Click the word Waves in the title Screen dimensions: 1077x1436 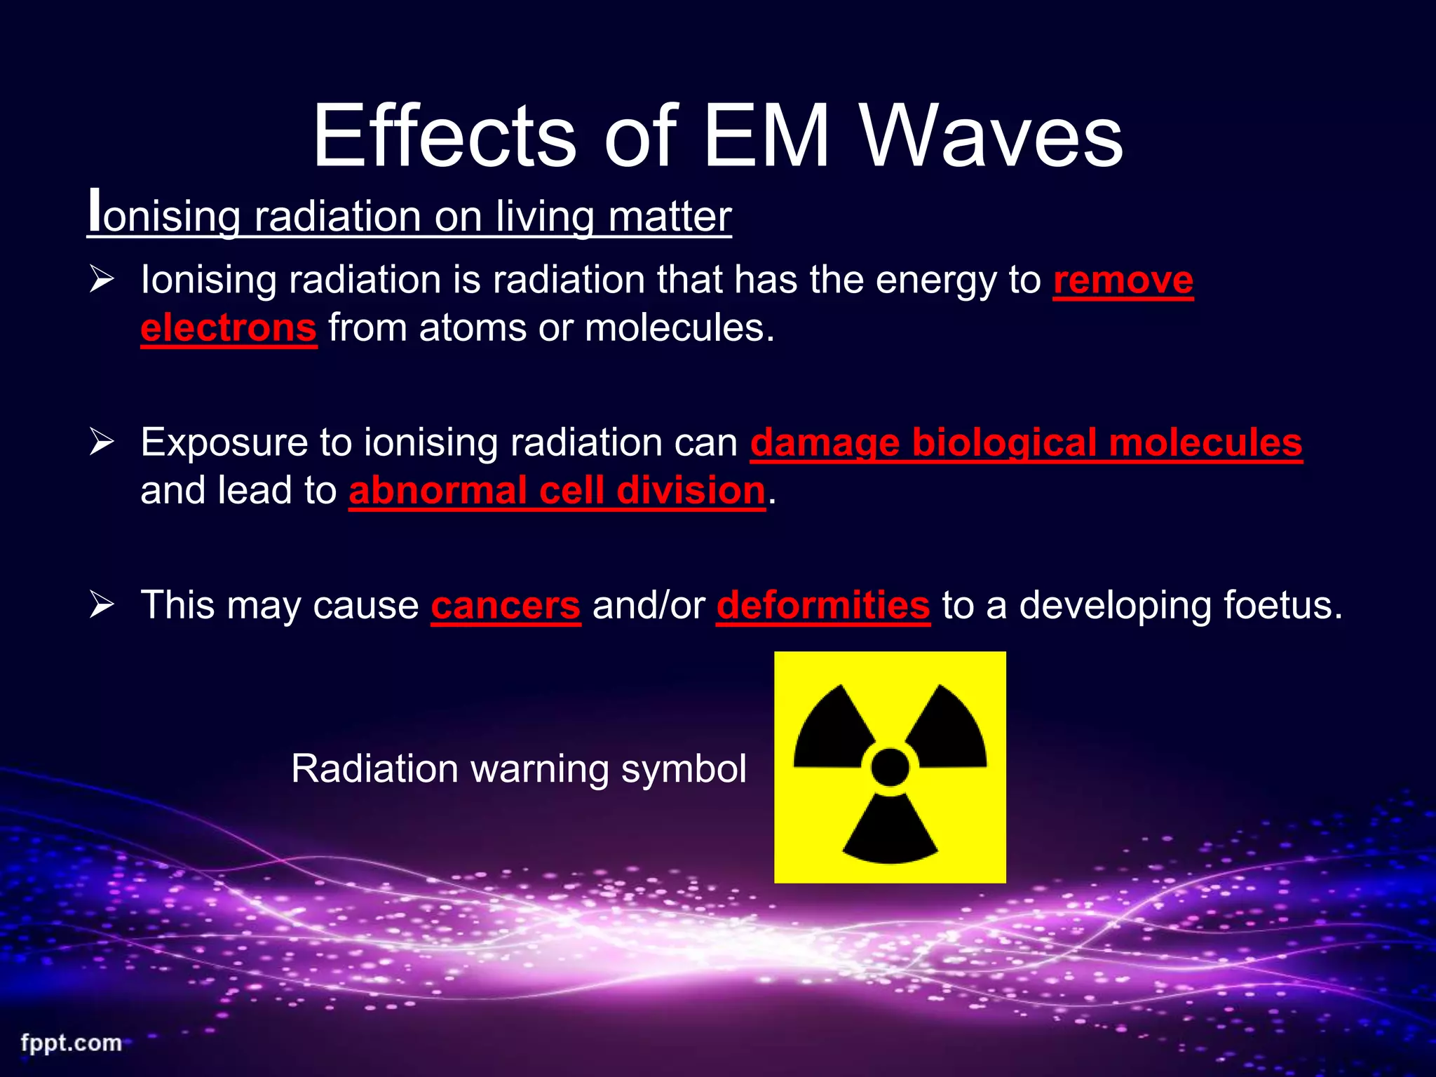point(991,136)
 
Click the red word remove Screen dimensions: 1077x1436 point(1123,280)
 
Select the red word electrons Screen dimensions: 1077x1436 point(229,327)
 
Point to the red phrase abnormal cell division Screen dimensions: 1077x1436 point(557,490)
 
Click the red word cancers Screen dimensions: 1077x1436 point(506,605)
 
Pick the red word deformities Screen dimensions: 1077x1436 point(823,605)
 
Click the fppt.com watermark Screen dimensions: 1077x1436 point(71,1043)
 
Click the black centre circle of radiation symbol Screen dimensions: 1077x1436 point(890,767)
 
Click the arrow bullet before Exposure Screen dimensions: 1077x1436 point(102,442)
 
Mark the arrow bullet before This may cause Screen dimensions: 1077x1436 point(102,604)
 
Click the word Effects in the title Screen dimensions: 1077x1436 point(445,136)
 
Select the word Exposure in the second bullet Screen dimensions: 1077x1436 point(224,443)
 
